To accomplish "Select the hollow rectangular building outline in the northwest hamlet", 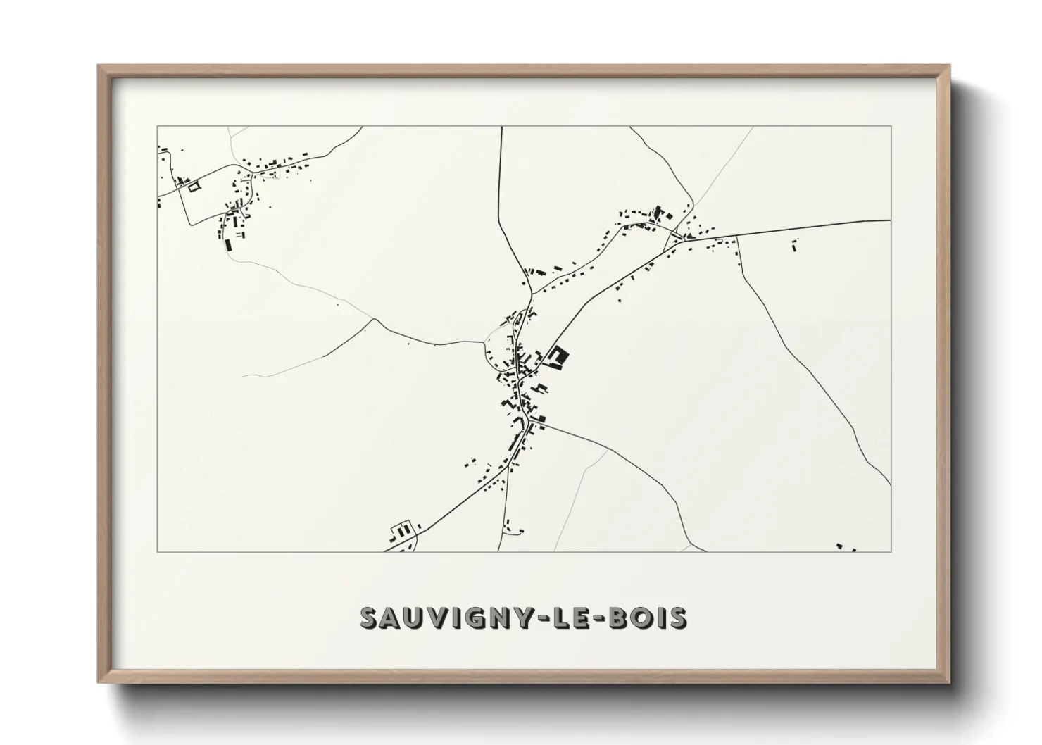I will pyautogui.click(x=193, y=185).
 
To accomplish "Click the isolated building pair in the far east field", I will pyautogui.click(x=795, y=246).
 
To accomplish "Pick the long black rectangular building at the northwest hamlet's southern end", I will pyautogui.click(x=227, y=245).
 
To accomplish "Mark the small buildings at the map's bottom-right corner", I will pyautogui.click(x=844, y=547).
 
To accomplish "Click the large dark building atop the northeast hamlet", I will pyautogui.click(x=659, y=211).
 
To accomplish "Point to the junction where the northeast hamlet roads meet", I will pyautogui.click(x=679, y=234).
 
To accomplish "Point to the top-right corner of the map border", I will pyautogui.click(x=891, y=126).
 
